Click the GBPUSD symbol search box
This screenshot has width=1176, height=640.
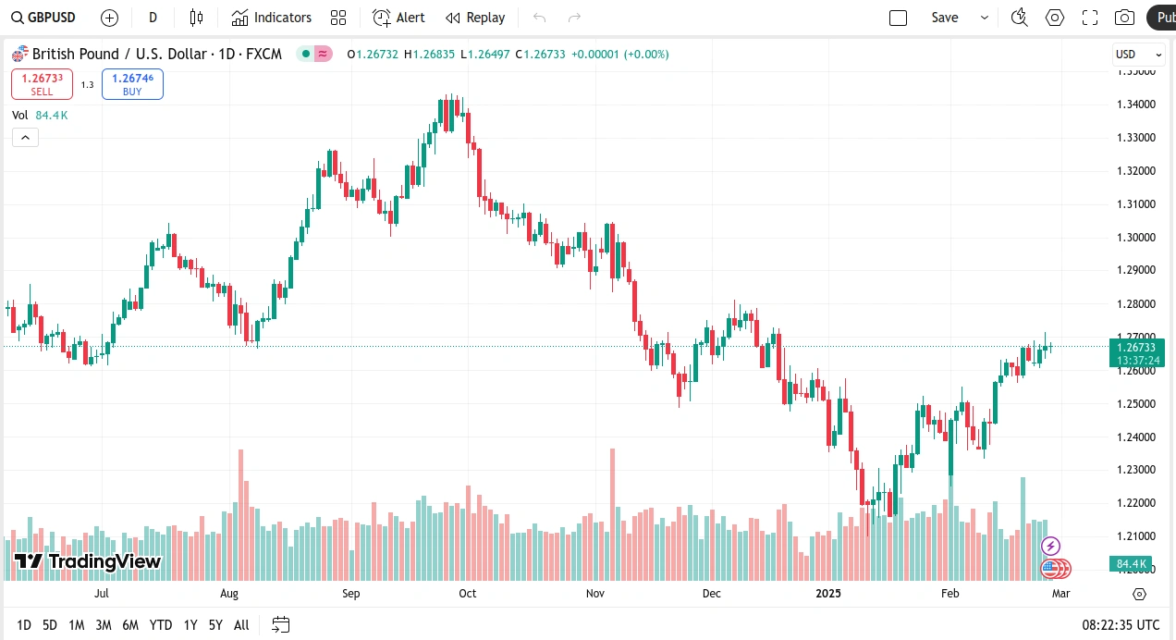point(44,18)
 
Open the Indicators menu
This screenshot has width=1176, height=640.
point(272,18)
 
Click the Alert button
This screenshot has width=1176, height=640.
point(399,18)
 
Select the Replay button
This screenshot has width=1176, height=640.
point(475,18)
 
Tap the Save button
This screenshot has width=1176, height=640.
point(945,18)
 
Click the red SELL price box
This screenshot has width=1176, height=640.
point(42,84)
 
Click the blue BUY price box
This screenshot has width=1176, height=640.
point(132,84)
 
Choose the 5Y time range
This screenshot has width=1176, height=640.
point(215,625)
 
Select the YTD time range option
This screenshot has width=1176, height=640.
point(161,625)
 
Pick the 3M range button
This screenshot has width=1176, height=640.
point(104,625)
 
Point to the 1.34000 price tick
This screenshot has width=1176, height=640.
point(1137,104)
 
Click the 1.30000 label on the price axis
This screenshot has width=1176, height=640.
point(1137,237)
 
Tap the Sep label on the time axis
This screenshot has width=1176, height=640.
point(350,593)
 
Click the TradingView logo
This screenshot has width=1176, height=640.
point(89,561)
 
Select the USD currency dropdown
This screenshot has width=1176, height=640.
point(1138,54)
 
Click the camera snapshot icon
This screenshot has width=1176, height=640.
point(1124,18)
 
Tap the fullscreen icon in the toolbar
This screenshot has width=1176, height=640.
point(1090,18)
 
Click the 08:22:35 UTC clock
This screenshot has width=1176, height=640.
point(1121,625)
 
